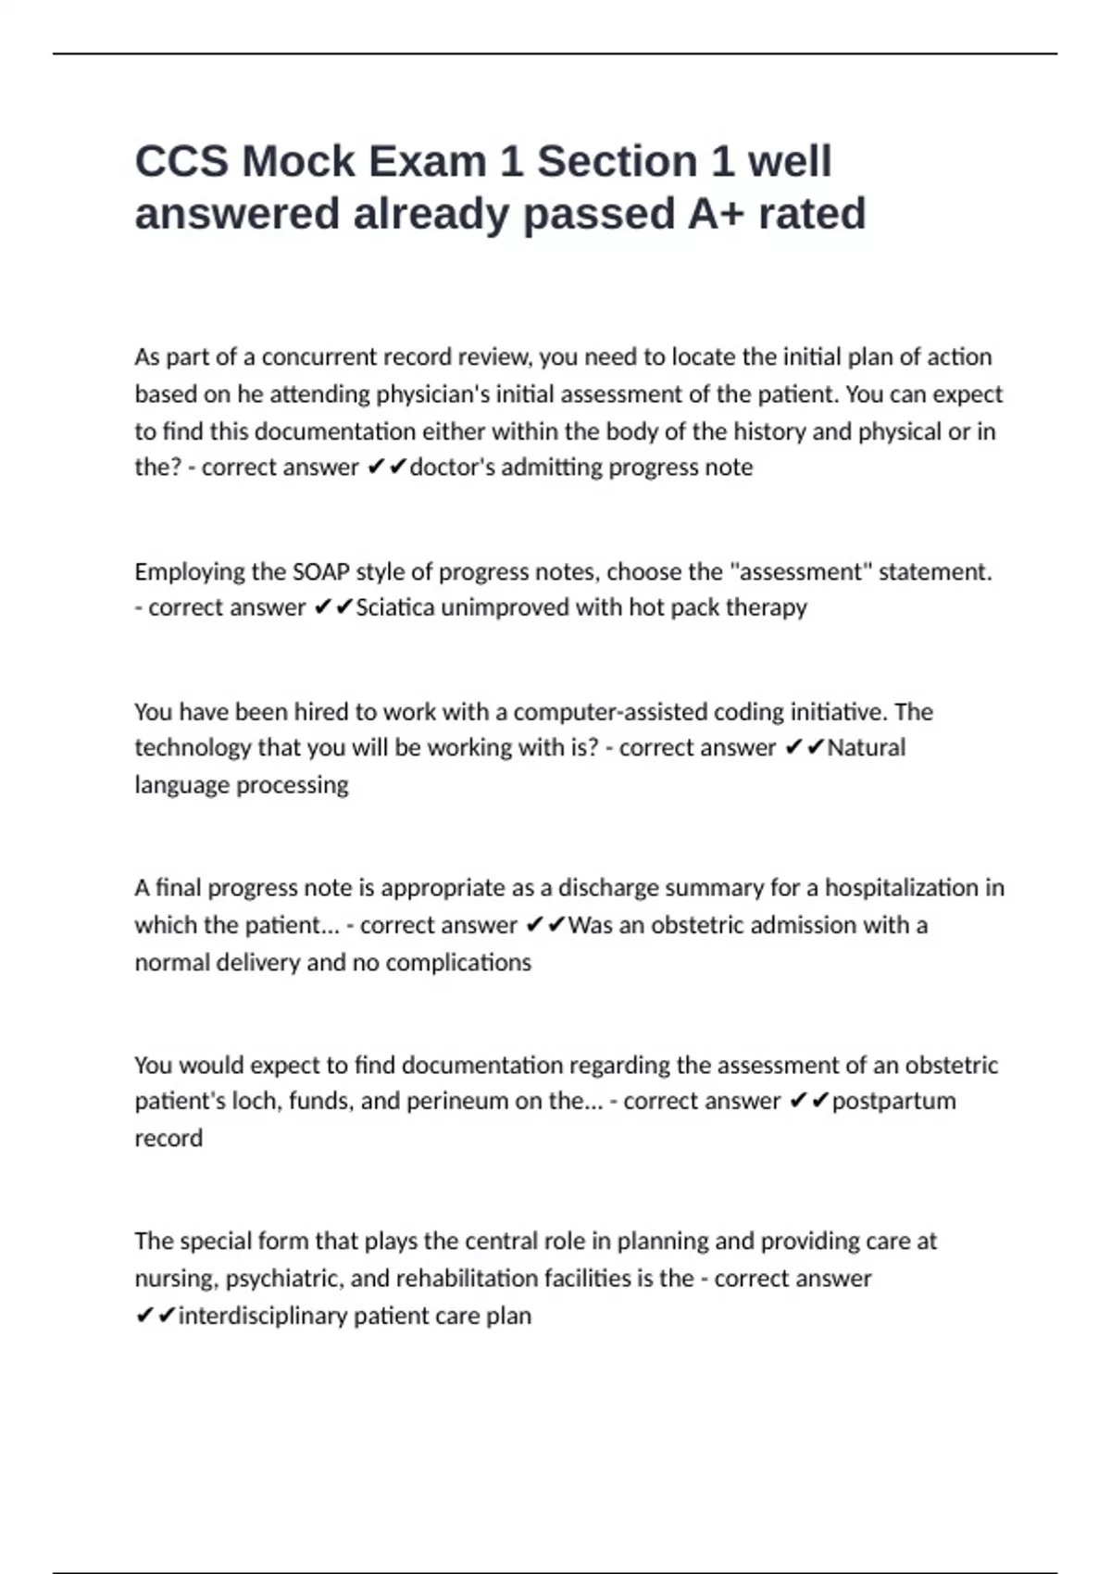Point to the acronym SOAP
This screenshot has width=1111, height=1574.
[320, 572]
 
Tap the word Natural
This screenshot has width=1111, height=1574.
[866, 748]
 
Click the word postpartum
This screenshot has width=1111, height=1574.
[893, 1101]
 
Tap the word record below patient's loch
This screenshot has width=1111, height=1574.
[169, 1138]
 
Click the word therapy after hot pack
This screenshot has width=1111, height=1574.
[768, 607]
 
